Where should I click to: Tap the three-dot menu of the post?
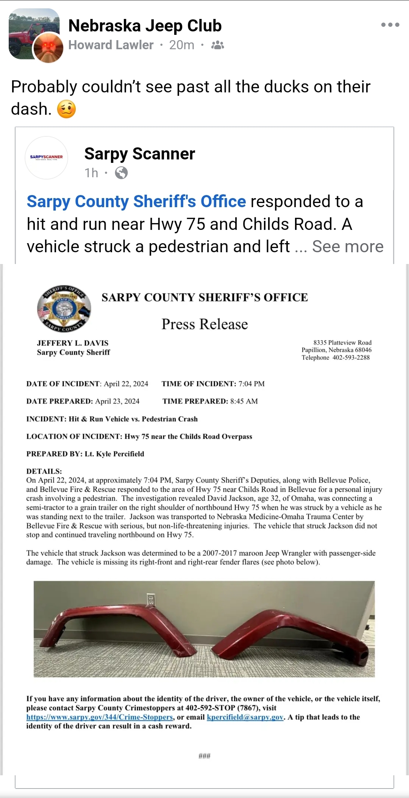[x=390, y=25]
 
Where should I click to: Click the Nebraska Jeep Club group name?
[x=145, y=26]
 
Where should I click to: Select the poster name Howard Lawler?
[x=111, y=45]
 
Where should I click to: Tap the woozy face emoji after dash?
[x=66, y=109]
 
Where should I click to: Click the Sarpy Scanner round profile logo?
[x=46, y=157]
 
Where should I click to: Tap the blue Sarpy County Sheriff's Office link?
[x=136, y=201]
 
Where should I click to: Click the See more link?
[x=348, y=247]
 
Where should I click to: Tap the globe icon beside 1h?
[x=121, y=173]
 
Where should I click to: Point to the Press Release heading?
[x=204, y=324]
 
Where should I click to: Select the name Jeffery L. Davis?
[x=73, y=343]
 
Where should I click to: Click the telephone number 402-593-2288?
[x=351, y=358]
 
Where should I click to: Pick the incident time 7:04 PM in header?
[x=251, y=384]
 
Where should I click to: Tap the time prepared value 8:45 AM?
[x=244, y=401]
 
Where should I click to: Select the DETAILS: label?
[x=44, y=471]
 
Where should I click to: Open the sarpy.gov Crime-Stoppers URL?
[x=100, y=717]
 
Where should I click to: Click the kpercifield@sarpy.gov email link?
[x=245, y=717]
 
